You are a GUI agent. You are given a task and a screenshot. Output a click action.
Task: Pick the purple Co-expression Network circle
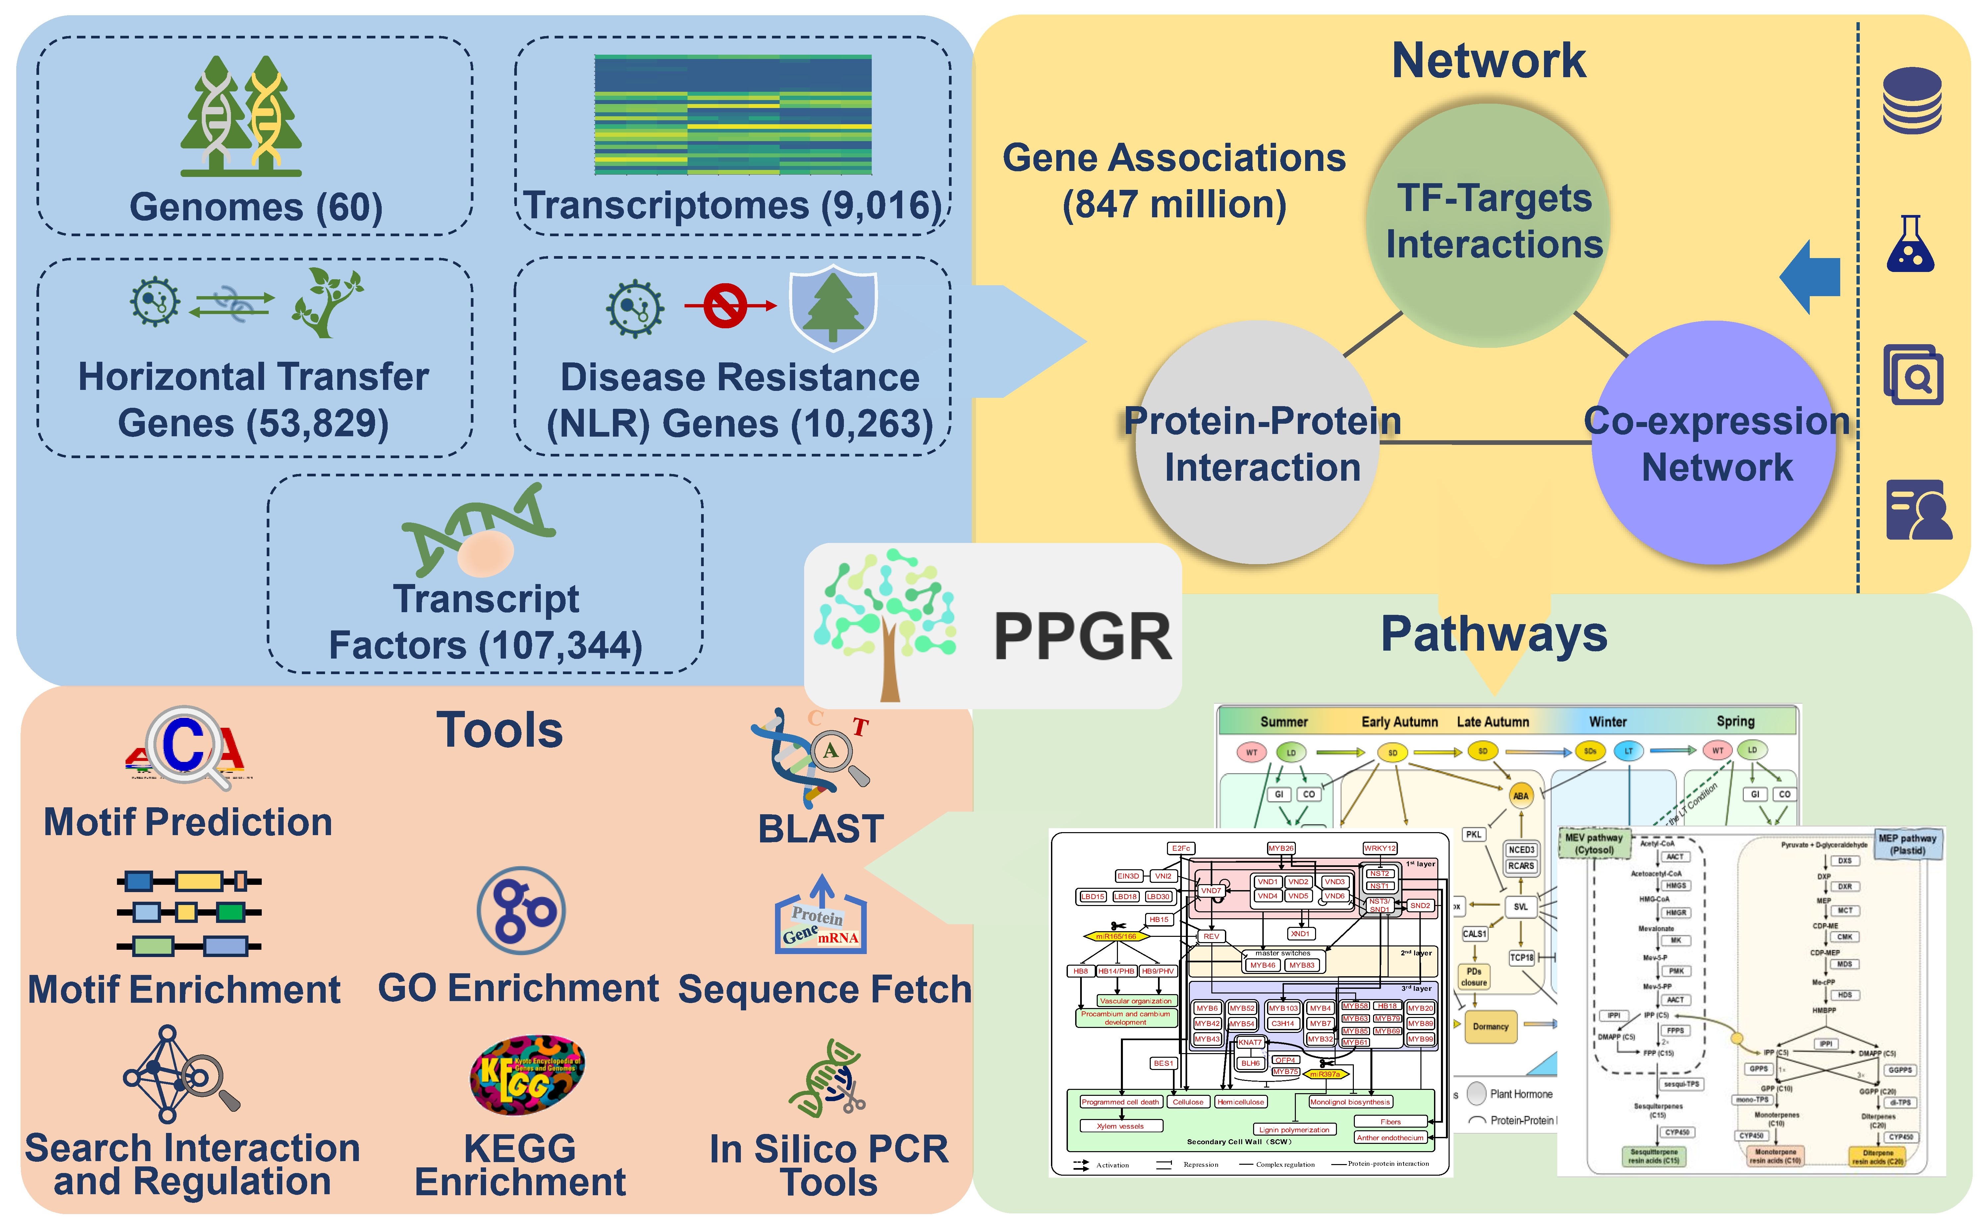click(x=1715, y=443)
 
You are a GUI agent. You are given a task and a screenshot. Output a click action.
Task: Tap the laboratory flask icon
click(x=1910, y=244)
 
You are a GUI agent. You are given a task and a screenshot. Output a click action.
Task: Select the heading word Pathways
click(x=1494, y=634)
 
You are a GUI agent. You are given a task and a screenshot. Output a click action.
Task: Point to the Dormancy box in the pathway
click(x=1490, y=1027)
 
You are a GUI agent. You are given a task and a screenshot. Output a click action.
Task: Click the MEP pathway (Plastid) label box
click(x=1907, y=844)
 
